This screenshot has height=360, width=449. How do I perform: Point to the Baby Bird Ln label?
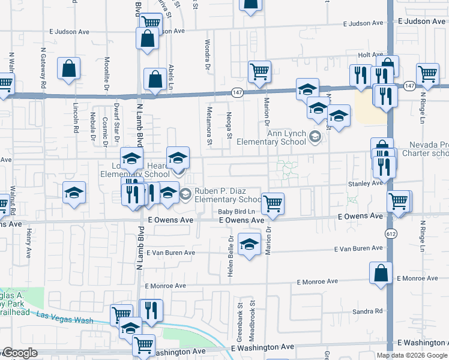(237, 212)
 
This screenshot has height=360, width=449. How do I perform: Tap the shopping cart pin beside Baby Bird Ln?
(273, 203)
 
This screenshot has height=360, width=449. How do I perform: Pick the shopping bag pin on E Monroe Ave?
(381, 273)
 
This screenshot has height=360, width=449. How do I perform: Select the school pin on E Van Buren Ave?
(249, 244)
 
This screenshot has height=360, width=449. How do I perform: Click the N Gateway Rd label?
(43, 68)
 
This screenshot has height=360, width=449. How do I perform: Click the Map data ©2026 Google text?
(412, 355)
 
